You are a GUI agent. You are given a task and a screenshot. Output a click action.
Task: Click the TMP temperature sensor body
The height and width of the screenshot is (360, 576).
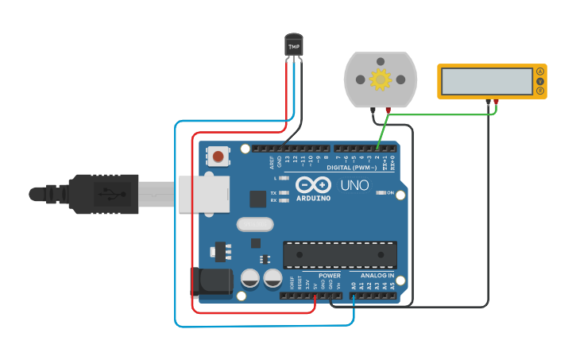click(x=294, y=45)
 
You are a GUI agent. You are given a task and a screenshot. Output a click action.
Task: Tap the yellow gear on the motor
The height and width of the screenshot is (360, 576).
click(x=381, y=79)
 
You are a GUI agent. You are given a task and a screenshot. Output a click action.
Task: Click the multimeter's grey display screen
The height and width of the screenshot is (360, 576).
click(x=486, y=81)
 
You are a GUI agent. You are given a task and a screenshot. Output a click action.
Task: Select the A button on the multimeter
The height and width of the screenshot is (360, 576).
click(x=540, y=72)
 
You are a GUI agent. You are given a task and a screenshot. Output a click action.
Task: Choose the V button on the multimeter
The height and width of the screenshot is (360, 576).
click(x=540, y=81)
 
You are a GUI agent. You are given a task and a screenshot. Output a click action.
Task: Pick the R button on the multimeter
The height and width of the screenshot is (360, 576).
click(x=540, y=91)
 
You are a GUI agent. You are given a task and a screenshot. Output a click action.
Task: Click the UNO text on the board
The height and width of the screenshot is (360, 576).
click(x=355, y=185)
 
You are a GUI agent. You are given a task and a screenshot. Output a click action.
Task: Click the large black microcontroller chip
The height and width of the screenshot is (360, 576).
click(x=340, y=254)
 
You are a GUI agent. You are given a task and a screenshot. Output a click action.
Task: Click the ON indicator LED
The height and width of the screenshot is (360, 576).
click(x=381, y=193)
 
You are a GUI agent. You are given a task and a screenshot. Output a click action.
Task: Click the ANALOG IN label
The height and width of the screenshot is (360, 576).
click(x=377, y=276)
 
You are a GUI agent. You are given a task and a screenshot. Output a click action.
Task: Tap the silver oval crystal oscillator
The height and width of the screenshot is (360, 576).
click(x=254, y=225)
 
